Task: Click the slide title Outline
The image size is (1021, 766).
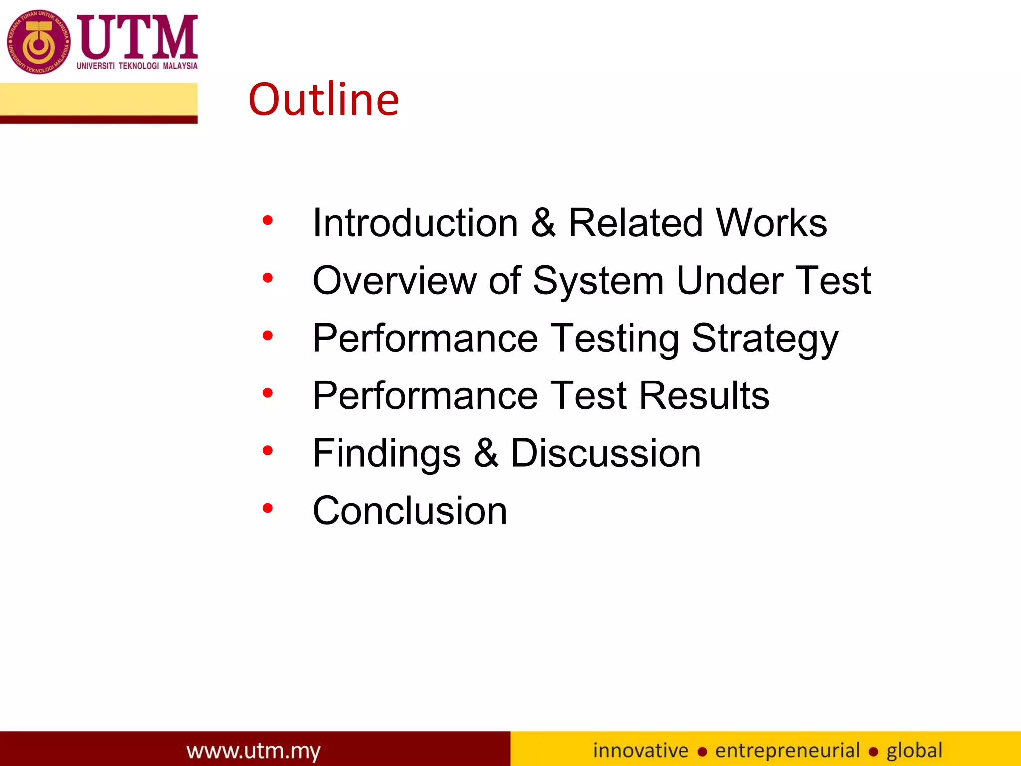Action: (324, 100)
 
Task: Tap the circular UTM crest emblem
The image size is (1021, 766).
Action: (39, 42)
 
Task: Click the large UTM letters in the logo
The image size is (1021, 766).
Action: (138, 37)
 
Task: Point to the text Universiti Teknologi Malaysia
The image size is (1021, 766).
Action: (137, 66)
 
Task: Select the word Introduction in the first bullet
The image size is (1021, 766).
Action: (415, 223)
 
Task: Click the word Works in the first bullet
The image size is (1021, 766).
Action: (771, 223)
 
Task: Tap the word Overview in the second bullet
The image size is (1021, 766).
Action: (394, 281)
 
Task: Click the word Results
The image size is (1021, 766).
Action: (704, 396)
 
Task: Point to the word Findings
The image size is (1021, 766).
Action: (386, 454)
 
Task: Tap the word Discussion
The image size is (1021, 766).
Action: (606, 453)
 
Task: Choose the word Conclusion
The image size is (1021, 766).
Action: (409, 511)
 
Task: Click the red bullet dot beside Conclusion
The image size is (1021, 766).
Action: (268, 508)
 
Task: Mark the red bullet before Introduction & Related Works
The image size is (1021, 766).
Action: (268, 220)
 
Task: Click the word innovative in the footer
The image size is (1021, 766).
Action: (641, 750)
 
